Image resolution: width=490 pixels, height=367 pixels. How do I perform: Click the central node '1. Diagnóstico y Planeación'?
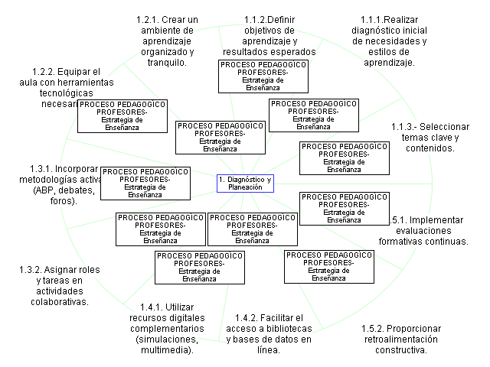pyautogui.click(x=244, y=183)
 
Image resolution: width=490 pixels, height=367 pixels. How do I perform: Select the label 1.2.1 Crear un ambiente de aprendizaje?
pyautogui.click(x=166, y=41)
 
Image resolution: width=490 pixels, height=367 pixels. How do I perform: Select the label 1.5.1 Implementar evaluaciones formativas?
pyautogui.click(x=423, y=230)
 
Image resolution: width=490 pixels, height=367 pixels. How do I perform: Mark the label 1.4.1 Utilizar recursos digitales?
pyautogui.click(x=166, y=328)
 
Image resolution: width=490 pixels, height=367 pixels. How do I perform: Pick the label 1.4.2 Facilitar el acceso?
pyautogui.click(x=269, y=333)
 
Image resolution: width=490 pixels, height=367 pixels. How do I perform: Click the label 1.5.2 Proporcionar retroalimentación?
pyautogui.click(x=400, y=339)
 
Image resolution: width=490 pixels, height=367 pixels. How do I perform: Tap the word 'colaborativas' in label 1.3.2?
pyautogui.click(x=59, y=302)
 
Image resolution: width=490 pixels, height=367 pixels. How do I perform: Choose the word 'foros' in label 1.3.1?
pyautogui.click(x=64, y=201)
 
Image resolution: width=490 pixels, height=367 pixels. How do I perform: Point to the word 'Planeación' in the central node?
pyautogui.click(x=245, y=187)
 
